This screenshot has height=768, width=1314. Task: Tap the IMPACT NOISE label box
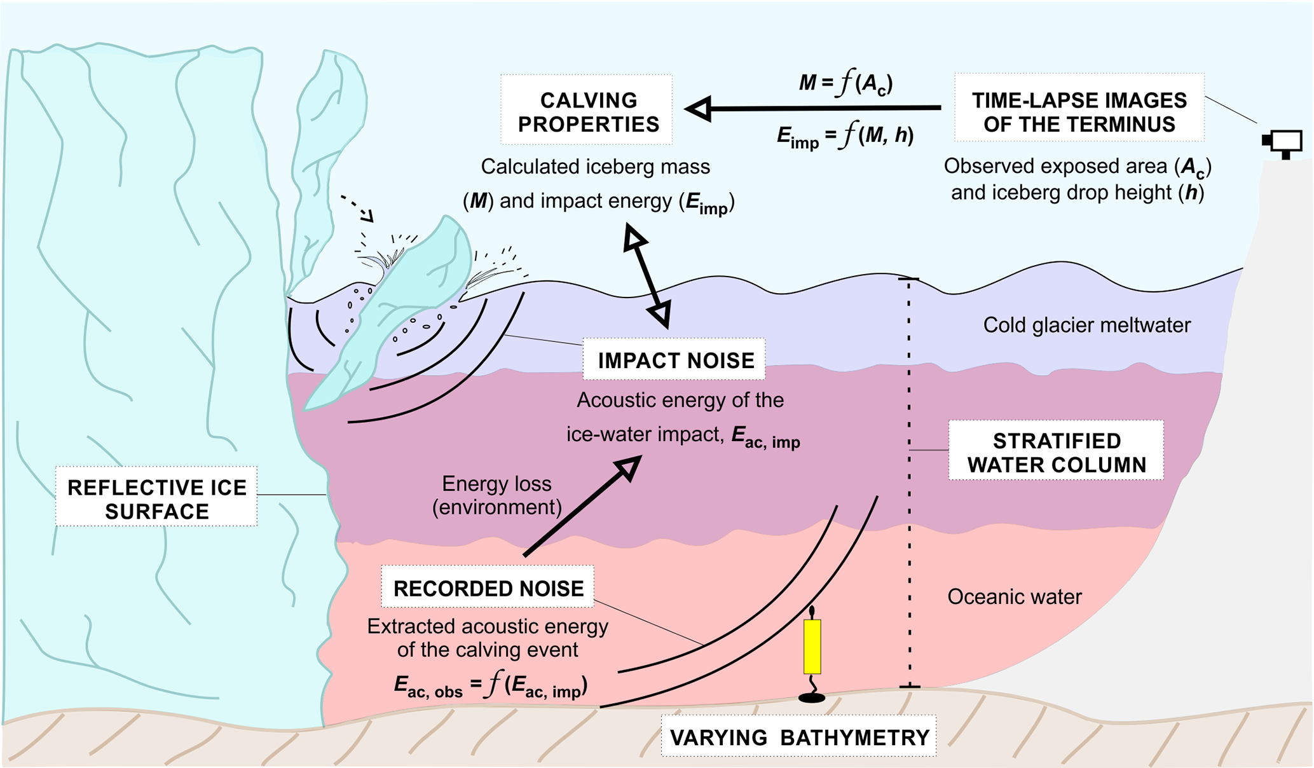tap(674, 360)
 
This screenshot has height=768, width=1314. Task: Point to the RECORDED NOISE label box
tap(488, 587)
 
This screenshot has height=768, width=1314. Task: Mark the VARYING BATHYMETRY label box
tap(798, 736)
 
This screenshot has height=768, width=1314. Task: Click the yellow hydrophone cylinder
tap(812, 646)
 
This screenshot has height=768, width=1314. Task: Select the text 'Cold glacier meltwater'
tap(1086, 325)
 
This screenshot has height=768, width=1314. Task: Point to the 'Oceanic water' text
tap(1014, 596)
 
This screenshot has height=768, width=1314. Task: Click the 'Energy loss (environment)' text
tap(496, 495)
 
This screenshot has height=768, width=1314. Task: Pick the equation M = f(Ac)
tap(845, 83)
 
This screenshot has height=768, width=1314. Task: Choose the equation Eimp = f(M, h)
tap(845, 136)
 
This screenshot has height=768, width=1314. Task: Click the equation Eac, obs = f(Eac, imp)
tap(490, 685)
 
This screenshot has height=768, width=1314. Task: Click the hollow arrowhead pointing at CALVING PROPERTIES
tap(699, 109)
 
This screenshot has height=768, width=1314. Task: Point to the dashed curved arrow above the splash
tap(357, 207)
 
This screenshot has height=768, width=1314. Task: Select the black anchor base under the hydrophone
tap(812, 697)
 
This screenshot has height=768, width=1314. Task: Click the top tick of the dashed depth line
tap(908, 279)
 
